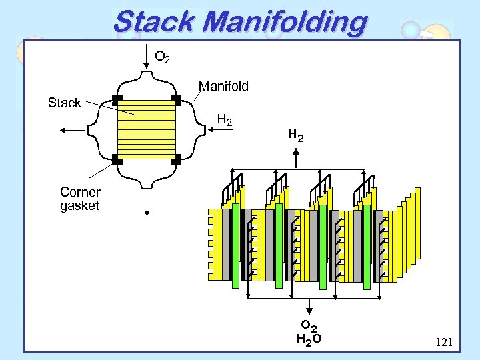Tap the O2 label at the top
tap(162, 57)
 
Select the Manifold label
tap(223, 86)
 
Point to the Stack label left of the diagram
tap(64, 103)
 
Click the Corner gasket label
tap(79, 199)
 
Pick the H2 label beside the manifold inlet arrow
tap(225, 121)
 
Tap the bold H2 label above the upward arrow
tap(295, 136)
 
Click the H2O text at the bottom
tap(309, 339)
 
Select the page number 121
tap(443, 343)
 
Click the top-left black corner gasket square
tap(115, 101)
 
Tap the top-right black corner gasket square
tap(176, 101)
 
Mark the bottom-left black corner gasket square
tap(115, 160)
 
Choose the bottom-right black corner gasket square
tap(176, 160)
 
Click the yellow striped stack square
tap(146, 130)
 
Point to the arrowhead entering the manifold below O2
tap(146, 65)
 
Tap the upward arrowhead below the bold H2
tap(296, 151)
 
